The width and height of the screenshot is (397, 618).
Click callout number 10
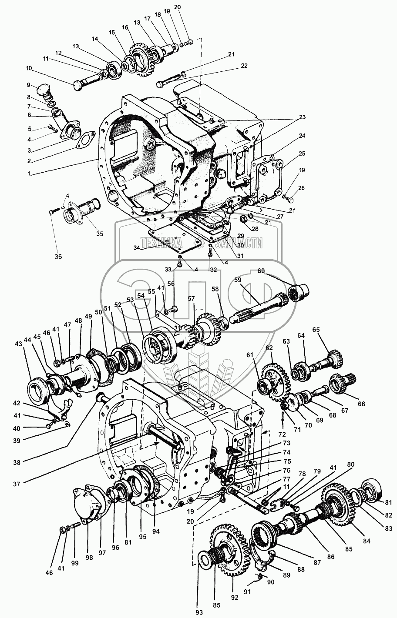click(x=29, y=68)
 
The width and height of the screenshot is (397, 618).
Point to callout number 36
click(x=58, y=256)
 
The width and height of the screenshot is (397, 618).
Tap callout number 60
click(x=273, y=271)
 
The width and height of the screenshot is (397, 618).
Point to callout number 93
click(x=199, y=613)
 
